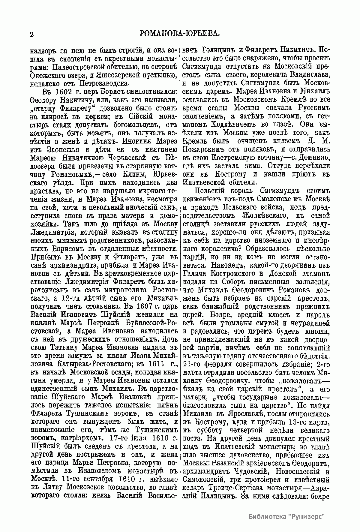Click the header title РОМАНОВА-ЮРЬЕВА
coord(180,33)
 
